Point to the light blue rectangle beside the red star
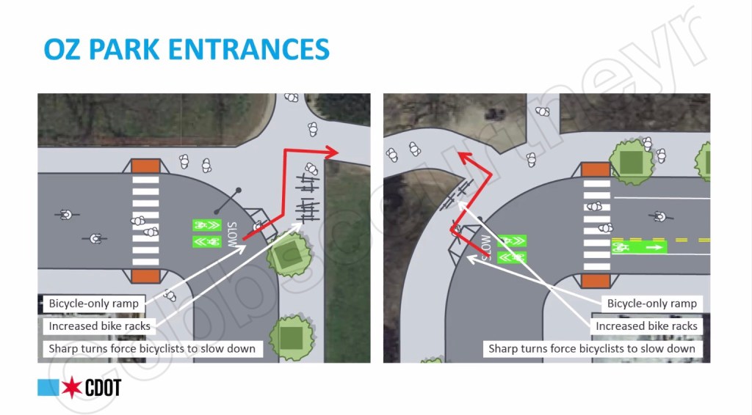click(x=48, y=388)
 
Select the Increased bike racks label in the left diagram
click(x=99, y=326)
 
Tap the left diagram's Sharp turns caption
click(x=151, y=348)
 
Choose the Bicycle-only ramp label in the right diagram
click(x=651, y=303)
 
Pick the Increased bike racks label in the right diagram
click(x=646, y=326)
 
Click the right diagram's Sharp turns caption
click(x=591, y=348)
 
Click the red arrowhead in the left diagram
click(x=331, y=152)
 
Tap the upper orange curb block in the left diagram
click(x=145, y=164)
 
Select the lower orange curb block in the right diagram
click(x=595, y=281)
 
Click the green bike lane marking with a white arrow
click(x=638, y=248)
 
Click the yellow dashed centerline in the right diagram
click(x=690, y=240)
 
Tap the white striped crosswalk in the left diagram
click(x=145, y=220)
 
